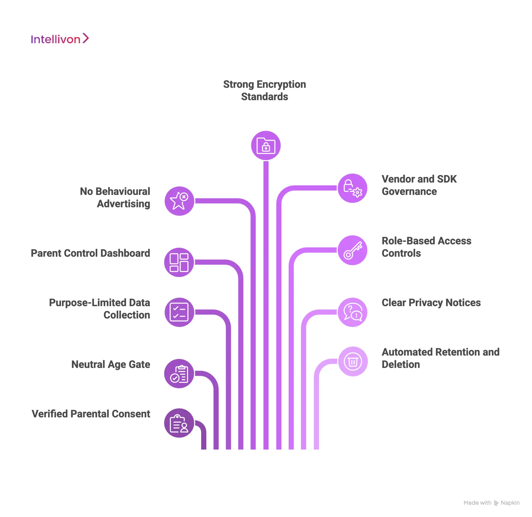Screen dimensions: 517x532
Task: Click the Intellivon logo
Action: click(60, 39)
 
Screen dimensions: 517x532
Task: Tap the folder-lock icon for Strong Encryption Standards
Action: click(266, 146)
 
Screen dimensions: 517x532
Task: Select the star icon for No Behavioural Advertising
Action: click(179, 201)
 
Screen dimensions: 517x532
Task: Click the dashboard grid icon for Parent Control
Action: click(179, 262)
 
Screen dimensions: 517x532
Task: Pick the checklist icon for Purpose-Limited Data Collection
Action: click(179, 312)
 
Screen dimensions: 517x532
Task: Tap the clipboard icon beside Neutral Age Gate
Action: click(179, 374)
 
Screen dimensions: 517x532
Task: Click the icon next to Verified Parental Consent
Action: click(179, 423)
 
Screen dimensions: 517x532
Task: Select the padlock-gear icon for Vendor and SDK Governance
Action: click(352, 188)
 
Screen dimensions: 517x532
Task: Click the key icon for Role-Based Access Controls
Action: click(352, 250)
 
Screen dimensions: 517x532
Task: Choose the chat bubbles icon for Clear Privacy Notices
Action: click(352, 312)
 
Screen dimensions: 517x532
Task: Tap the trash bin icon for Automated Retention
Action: click(353, 361)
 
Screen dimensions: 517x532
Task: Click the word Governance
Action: click(409, 192)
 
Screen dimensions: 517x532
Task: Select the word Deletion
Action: click(401, 364)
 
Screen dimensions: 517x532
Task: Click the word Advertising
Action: click(123, 204)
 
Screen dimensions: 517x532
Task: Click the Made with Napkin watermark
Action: click(491, 503)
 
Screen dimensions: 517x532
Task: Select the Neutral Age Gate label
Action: click(111, 364)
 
